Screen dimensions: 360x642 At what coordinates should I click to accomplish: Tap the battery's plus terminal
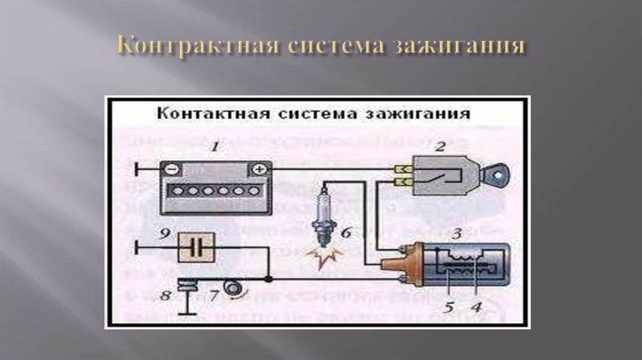[258, 169]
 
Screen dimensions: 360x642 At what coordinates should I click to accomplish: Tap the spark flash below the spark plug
[323, 255]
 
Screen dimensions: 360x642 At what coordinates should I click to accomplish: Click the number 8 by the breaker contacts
[165, 295]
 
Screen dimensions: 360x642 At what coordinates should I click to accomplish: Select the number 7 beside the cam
[214, 295]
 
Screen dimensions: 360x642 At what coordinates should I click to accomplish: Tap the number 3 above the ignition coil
[458, 234]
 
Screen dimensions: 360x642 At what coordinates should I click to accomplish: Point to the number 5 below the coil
[449, 307]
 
